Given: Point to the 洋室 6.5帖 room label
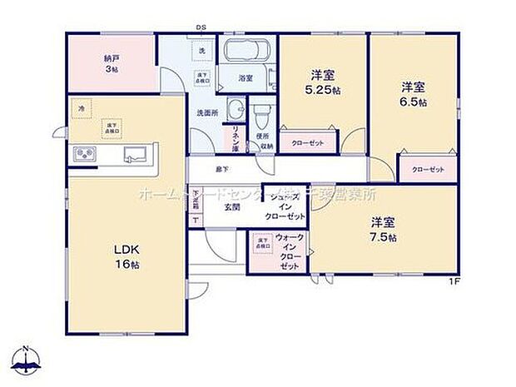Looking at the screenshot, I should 413,93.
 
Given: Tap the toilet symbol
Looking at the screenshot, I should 261,110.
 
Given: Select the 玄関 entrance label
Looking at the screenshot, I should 231,206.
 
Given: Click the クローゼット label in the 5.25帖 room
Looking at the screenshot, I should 307,143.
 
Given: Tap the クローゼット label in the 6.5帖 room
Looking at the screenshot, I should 428,170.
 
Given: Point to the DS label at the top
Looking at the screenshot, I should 201,27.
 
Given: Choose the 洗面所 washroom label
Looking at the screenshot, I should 206,111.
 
